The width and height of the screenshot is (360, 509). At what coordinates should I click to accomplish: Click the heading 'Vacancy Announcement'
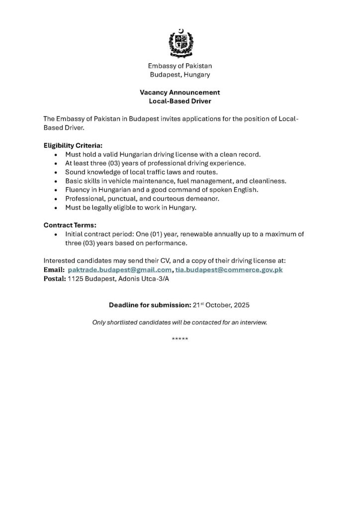(x=180, y=92)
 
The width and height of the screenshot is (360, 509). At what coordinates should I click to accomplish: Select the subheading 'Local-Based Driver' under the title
(x=180, y=101)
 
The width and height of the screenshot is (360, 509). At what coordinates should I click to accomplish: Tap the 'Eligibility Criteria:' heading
(x=73, y=146)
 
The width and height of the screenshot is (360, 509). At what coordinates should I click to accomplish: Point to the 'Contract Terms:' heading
(x=70, y=225)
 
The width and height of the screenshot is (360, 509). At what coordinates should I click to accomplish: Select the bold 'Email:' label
(x=54, y=269)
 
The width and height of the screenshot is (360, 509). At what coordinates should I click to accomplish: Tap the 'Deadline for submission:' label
(x=150, y=304)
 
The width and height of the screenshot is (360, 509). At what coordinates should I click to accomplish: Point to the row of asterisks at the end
(x=180, y=339)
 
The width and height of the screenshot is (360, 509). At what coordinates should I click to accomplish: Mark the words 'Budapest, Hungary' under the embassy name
(x=180, y=75)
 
